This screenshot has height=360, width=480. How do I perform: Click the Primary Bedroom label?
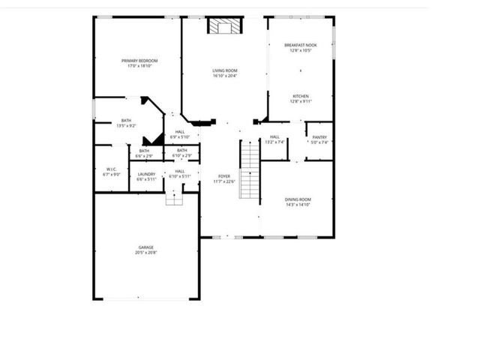137,60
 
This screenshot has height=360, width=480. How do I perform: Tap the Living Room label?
225,70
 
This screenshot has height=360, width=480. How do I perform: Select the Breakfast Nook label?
301,45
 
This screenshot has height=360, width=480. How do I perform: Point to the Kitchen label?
301,96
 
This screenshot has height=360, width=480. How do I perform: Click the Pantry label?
319,137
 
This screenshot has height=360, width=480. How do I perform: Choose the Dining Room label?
298,199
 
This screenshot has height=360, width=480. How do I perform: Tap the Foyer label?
224,175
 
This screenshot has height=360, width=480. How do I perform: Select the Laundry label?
146,174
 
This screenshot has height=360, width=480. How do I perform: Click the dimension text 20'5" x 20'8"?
145,253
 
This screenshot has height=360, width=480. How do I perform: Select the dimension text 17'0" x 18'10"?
137,66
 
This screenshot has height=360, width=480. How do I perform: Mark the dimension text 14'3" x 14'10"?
298,204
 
